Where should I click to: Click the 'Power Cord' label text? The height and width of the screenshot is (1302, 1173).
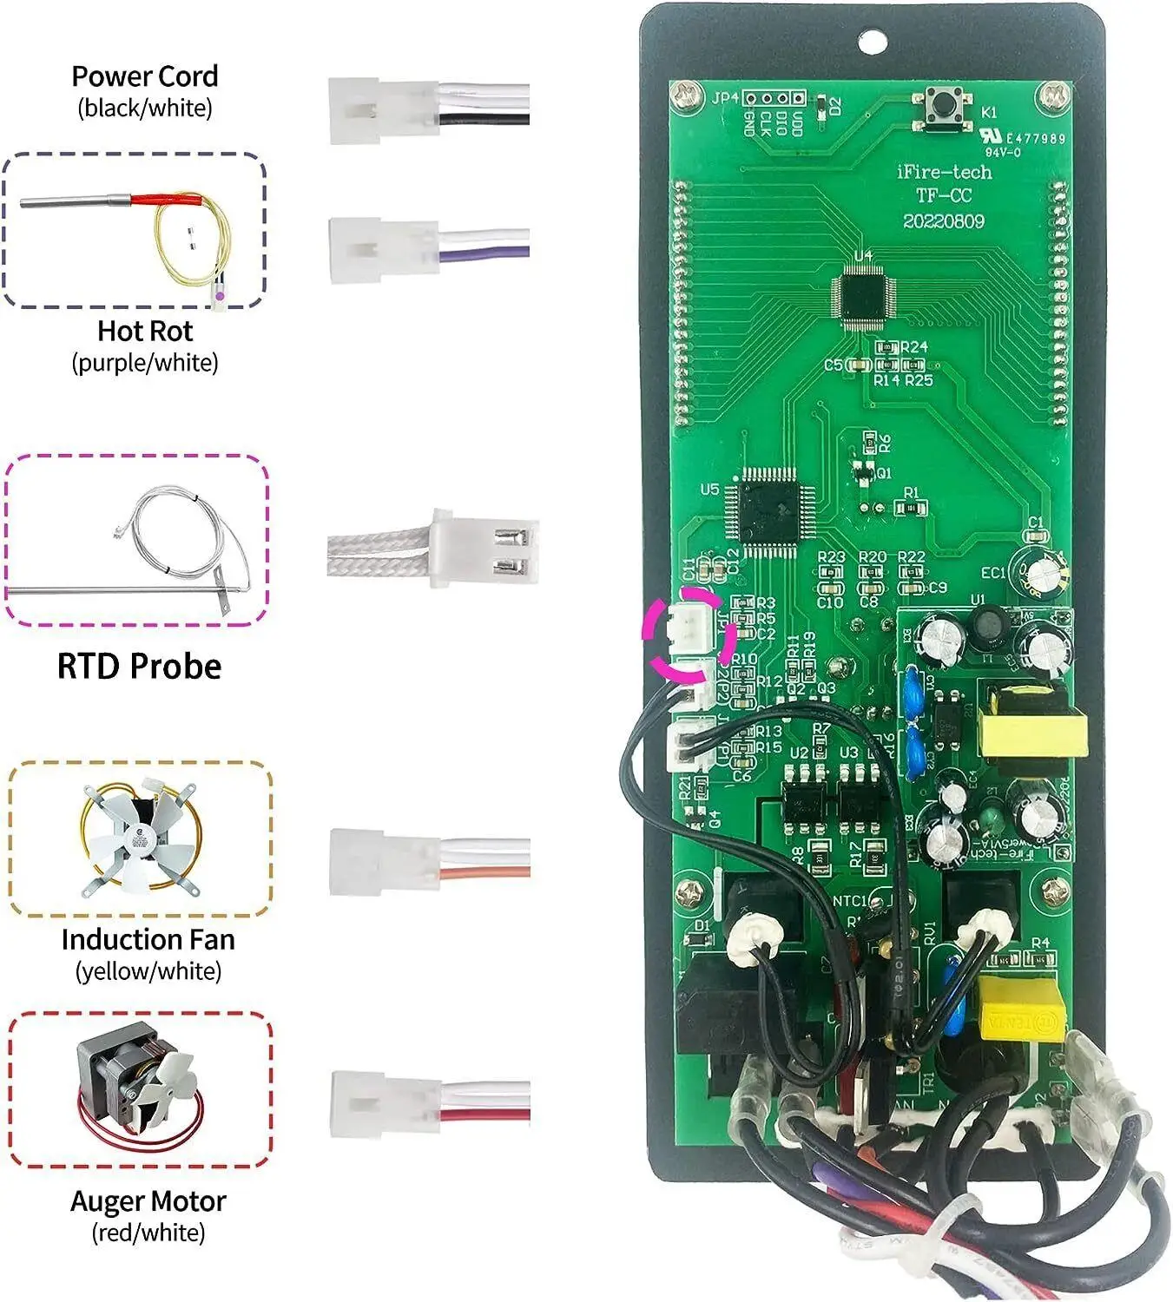click(x=144, y=76)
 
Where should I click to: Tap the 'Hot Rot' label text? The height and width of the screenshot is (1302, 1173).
click(x=145, y=331)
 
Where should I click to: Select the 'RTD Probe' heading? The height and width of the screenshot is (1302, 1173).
click(x=139, y=666)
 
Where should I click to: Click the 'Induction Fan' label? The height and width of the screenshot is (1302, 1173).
click(x=148, y=939)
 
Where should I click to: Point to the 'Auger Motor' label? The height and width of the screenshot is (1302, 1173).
click(x=148, y=1201)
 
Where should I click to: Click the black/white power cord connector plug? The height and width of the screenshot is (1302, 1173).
click(x=382, y=110)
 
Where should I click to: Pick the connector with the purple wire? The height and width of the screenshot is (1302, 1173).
click(x=382, y=250)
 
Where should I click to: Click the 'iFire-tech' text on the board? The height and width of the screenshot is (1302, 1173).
click(x=944, y=172)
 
